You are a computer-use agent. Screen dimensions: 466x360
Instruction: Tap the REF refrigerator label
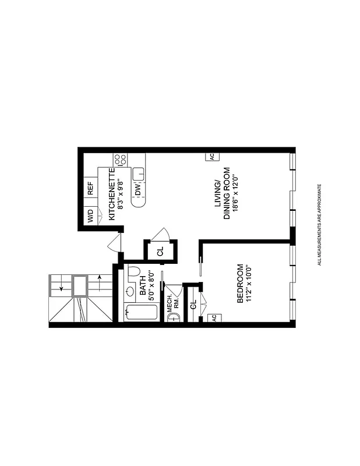coord(91,188)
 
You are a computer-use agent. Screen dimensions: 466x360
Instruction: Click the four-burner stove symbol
coord(121,160)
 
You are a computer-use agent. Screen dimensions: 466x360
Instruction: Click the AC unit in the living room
coord(210,156)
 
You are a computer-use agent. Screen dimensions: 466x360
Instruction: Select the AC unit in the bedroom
coord(214,317)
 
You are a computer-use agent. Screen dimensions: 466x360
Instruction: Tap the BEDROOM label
coord(239,284)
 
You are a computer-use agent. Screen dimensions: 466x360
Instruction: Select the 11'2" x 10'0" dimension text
coord(249,284)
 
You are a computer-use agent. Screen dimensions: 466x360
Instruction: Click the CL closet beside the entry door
coord(160,252)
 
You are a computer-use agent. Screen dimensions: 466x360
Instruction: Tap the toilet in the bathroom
coord(132,271)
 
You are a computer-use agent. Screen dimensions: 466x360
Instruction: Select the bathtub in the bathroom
coord(141,312)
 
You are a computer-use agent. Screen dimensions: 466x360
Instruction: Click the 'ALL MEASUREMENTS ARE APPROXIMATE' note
coord(319,225)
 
